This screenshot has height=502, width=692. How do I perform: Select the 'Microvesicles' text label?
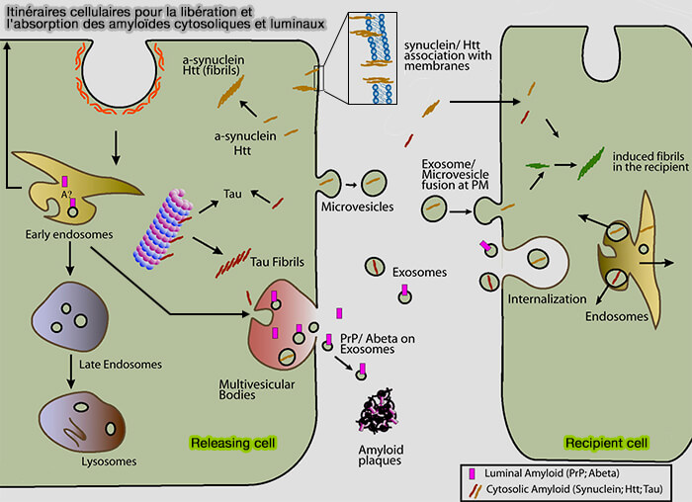358,207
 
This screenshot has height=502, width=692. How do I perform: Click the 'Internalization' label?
541,297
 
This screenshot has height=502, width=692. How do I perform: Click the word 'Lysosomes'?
82,460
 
